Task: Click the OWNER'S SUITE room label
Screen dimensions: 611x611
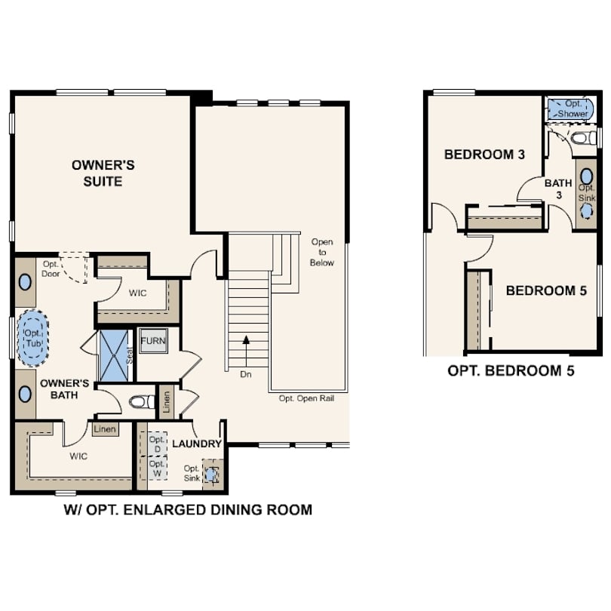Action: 103,173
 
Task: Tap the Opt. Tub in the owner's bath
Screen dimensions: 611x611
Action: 33,338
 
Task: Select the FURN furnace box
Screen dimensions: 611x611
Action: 153,341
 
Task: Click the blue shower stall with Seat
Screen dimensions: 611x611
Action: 115,356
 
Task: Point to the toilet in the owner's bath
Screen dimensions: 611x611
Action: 143,402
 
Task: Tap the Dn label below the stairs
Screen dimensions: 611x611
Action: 245,374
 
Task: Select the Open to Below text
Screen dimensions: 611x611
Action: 322,252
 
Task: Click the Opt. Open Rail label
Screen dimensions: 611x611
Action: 306,398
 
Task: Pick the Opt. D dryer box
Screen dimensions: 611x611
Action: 157,444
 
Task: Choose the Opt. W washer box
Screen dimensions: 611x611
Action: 157,468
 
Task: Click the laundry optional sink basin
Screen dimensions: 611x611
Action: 210,474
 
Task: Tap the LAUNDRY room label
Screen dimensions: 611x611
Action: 197,444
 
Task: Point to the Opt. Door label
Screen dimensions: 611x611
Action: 51,269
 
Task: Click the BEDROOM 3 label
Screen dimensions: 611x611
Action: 484,155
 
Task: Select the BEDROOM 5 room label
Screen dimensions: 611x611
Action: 546,290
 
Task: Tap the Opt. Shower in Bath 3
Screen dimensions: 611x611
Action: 570,109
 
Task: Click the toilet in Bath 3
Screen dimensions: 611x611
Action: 583,138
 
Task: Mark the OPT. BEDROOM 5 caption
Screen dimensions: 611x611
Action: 511,370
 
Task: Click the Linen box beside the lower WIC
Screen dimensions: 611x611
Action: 105,429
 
